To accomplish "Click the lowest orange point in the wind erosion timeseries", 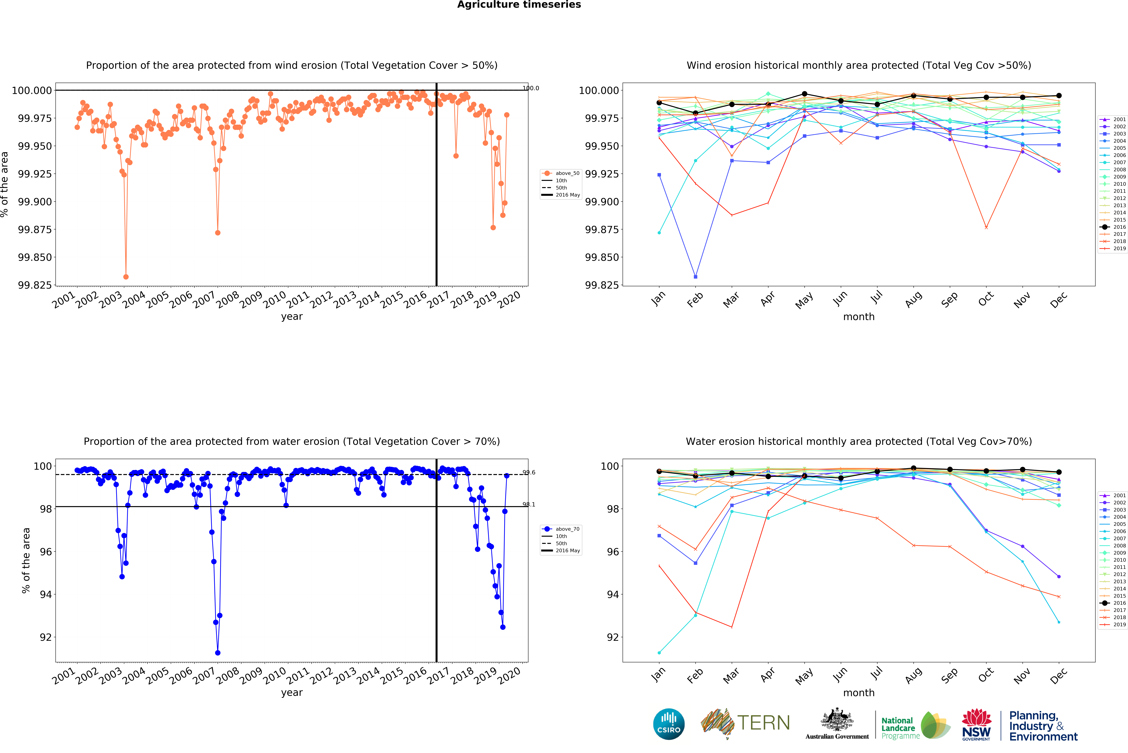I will point(126,277).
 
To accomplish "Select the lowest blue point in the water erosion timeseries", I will point(218,653).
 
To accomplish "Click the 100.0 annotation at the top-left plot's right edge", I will point(531,88).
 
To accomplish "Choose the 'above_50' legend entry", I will point(567,173).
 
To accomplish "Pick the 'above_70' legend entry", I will point(567,529).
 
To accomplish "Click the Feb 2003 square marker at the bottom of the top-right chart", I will point(695,277).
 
